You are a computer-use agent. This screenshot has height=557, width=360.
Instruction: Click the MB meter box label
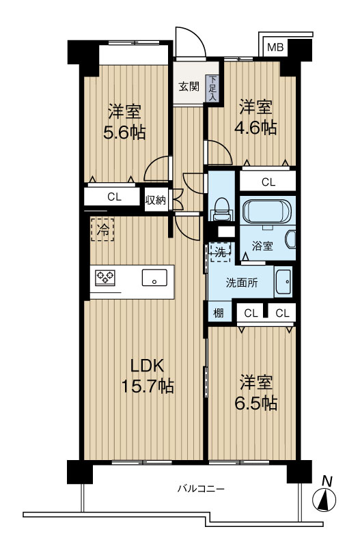[x=276, y=47]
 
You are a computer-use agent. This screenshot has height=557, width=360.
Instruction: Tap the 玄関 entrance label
[x=189, y=87]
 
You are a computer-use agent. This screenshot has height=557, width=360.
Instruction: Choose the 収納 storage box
[x=155, y=199]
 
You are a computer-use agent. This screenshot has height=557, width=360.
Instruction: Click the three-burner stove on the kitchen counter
[x=105, y=277]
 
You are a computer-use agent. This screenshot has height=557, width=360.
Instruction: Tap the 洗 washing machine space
[x=219, y=252]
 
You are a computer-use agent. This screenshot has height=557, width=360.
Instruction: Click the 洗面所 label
[x=242, y=283]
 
